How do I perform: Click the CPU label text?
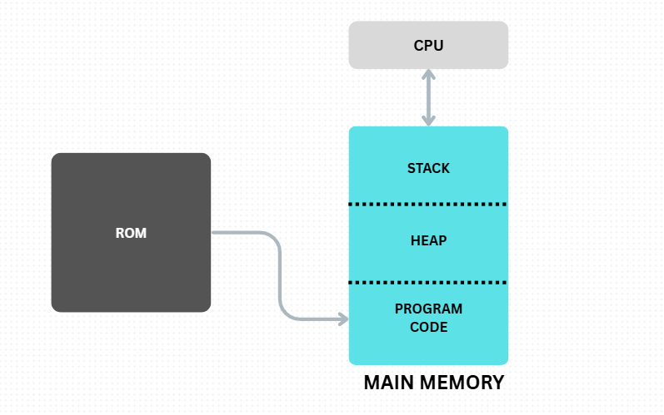point(428,45)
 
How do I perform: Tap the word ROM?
point(131,233)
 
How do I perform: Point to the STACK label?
point(428,168)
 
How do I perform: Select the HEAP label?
point(428,241)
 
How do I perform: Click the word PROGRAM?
point(428,309)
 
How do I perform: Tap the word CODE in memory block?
point(428,328)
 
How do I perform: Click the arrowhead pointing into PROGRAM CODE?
point(342,319)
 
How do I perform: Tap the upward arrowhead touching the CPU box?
point(428,75)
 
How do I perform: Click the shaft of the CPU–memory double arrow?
point(428,97)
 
